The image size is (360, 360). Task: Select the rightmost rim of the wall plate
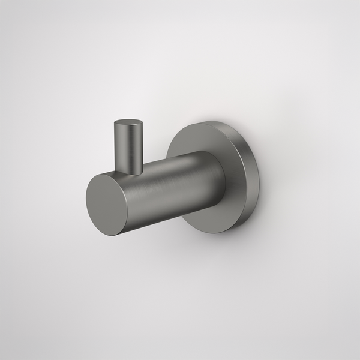[260, 180]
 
